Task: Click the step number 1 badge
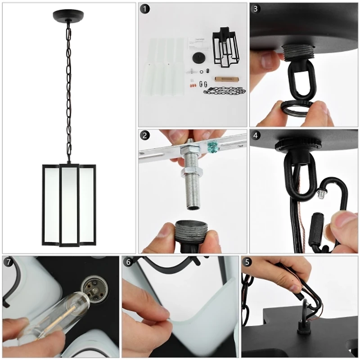(x=144, y=9)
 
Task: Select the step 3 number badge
(x=256, y=9)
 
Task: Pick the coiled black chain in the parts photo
(x=222, y=90)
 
